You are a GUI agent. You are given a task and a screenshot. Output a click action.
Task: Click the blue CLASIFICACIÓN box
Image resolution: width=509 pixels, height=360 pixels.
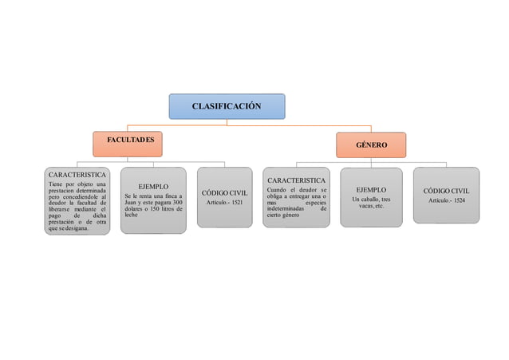tap(227, 106)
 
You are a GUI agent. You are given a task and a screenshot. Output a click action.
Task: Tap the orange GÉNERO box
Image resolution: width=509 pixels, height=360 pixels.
tap(372, 145)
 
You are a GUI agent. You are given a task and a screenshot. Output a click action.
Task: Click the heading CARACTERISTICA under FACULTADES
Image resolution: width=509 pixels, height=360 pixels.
tap(77, 174)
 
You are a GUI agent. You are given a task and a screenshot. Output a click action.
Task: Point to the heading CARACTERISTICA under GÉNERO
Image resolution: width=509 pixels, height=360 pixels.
tap(296, 180)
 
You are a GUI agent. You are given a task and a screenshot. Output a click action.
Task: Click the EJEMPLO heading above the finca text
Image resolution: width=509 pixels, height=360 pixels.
tap(153, 186)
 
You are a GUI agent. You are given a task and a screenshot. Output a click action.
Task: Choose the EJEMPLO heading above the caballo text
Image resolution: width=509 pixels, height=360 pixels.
tap(371, 190)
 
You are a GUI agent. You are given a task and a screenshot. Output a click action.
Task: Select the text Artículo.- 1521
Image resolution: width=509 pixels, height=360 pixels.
tap(224, 204)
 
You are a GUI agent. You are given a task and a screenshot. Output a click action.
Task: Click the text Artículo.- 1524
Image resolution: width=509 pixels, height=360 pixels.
tap(447, 200)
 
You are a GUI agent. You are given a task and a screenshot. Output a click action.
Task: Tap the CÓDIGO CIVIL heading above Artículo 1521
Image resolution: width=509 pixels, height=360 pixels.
tap(224, 193)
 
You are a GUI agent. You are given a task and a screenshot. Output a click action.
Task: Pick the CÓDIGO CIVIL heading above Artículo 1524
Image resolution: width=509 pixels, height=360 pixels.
tap(447, 192)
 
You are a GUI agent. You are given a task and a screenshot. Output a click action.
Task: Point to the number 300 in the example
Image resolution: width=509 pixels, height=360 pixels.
tap(178, 203)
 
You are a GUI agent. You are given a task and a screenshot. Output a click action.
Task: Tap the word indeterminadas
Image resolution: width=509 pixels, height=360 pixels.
tap(288, 209)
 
